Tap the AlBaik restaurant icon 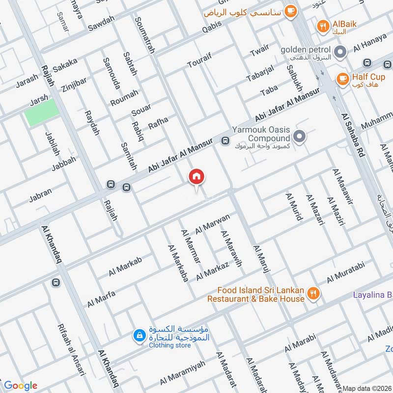click(323, 26)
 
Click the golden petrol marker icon click(339, 51)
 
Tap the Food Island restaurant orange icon click(313, 294)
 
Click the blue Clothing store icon click(140, 336)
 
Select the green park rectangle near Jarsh click(42, 112)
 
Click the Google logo click(20, 385)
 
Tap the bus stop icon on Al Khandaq click(56, 283)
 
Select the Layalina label click(372, 295)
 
